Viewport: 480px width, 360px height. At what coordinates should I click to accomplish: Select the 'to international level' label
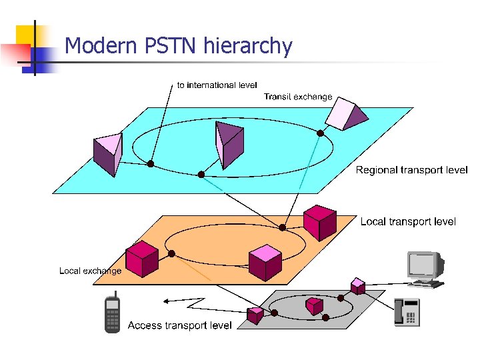coord(217,85)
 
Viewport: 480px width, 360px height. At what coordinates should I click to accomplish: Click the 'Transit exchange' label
coord(297,97)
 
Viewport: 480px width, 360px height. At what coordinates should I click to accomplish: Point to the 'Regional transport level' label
coord(411,170)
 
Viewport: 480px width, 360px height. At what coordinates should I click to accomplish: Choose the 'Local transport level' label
coord(408,221)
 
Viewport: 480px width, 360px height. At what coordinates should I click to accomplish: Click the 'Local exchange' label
coord(90,271)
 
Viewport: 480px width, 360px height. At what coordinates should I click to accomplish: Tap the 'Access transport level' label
coord(179,325)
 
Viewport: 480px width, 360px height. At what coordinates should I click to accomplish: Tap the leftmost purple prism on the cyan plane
coord(108,153)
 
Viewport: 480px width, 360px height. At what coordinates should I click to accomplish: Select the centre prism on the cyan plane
coord(229,143)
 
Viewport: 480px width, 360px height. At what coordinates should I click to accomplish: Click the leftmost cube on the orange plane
coord(141,259)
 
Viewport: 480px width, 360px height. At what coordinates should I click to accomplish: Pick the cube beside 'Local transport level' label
coord(319,222)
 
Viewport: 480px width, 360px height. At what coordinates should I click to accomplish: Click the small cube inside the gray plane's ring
coord(314,305)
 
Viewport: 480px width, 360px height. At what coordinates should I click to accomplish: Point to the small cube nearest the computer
coord(358,287)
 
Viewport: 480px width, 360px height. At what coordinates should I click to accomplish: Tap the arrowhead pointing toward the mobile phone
coord(167,301)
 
